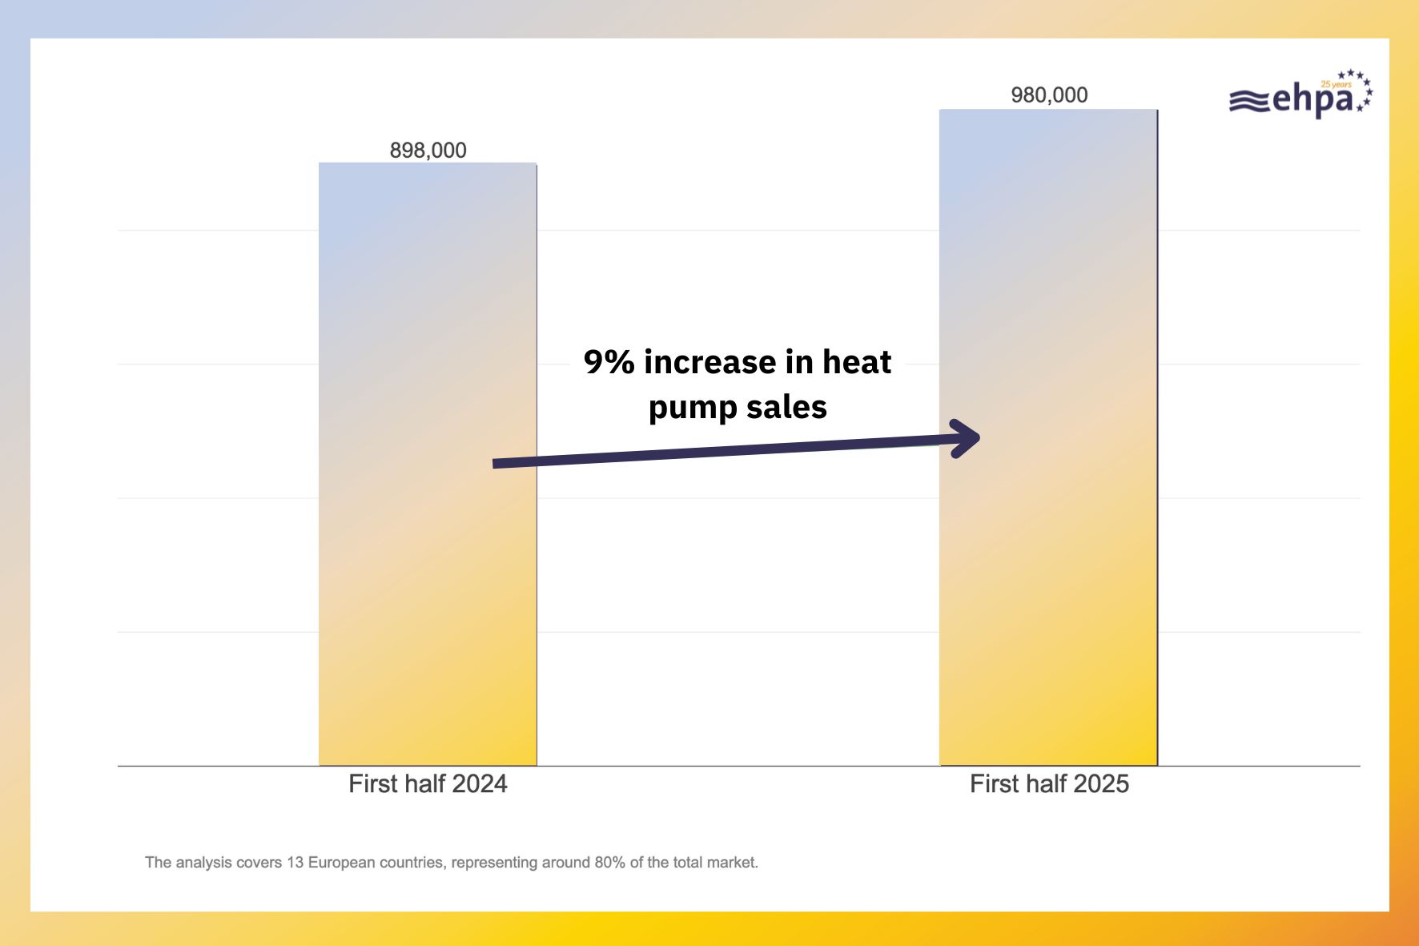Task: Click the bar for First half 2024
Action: pos(428,561)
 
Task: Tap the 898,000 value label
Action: pos(428,151)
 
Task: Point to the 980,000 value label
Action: pos(1049,95)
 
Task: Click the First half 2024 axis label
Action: pos(428,783)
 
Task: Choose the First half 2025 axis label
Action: pos(1049,783)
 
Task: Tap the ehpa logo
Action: pos(1300,97)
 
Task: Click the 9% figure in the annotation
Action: pos(609,362)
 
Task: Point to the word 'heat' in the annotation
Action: pos(857,362)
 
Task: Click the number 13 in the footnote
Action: pos(295,863)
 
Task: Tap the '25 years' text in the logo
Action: pos(1336,84)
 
